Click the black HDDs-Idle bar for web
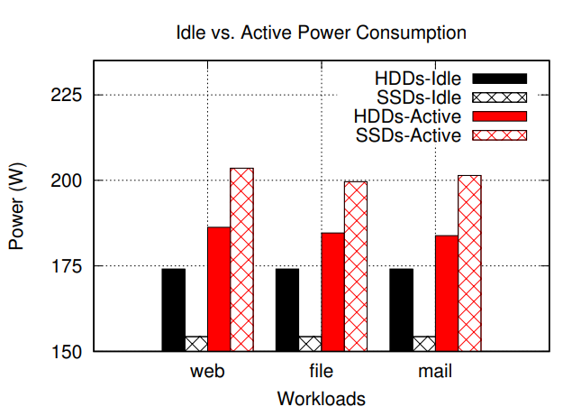[174, 310]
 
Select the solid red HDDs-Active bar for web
[220, 289]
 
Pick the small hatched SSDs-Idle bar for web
[196, 344]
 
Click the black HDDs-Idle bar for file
[287, 310]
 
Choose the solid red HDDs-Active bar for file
[333, 291]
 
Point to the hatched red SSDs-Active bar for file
[356, 266]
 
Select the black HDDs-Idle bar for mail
[402, 310]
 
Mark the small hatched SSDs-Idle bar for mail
[424, 344]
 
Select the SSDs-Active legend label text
[409, 136]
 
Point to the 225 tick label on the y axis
[67, 95]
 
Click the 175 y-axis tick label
[67, 266]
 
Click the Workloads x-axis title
[322, 398]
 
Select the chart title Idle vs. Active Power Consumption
[322, 33]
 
